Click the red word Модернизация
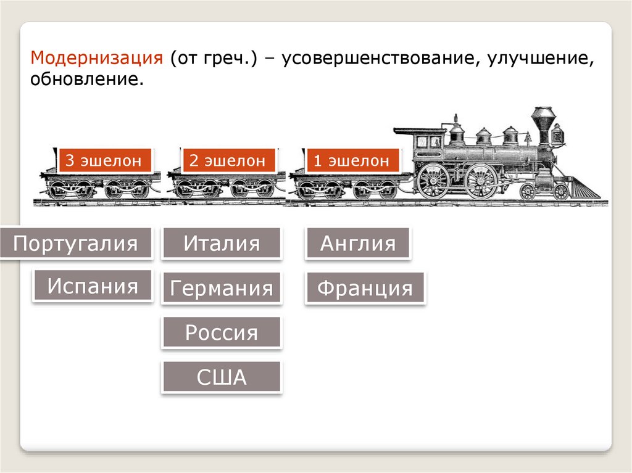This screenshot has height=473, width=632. point(97,57)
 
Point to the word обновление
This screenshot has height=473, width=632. point(86,79)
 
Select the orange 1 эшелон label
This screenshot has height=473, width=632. point(351,160)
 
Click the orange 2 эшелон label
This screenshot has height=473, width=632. point(228,160)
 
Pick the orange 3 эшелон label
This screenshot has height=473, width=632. point(104,160)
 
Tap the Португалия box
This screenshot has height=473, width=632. point(75,243)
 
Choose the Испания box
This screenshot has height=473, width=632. point(93,286)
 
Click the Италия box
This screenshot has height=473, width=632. point(222,243)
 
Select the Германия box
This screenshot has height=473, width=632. point(222,287)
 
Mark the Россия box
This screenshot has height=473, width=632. point(222,332)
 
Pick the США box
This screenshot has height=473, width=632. point(222,377)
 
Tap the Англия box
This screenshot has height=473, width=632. point(358,243)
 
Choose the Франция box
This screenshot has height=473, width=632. point(365,287)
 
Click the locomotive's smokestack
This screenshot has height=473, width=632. point(543,125)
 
